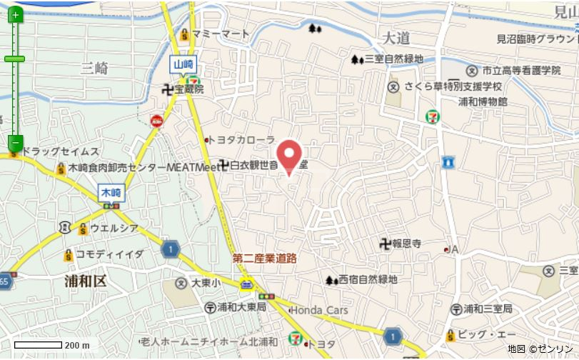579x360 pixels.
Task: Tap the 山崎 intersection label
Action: click(183, 64)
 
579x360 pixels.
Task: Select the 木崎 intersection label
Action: click(111, 192)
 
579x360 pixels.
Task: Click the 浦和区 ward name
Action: click(85, 281)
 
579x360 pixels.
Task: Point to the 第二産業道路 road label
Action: click(264, 259)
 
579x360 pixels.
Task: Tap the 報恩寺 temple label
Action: click(406, 244)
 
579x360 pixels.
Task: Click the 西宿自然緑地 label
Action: click(367, 279)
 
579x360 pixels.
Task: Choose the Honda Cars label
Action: click(319, 310)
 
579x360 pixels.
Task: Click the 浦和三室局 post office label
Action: click(488, 309)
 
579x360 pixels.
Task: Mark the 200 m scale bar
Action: click(39, 345)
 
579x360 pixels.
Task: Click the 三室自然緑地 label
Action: click(393, 59)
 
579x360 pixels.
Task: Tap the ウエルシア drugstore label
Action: click(114, 229)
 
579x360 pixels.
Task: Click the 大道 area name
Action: click(396, 37)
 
